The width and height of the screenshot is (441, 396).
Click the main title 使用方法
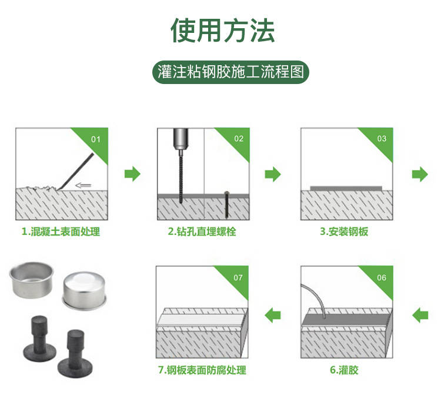click(x=222, y=30)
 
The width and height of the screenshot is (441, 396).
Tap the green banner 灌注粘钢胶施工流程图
click(x=230, y=72)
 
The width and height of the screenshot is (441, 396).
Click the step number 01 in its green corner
click(x=96, y=139)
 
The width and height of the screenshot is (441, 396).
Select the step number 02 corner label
click(x=239, y=139)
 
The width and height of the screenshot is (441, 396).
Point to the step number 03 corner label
click(x=382, y=139)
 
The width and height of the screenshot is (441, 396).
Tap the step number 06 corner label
click(x=382, y=278)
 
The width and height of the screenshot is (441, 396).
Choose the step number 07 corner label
click(x=238, y=278)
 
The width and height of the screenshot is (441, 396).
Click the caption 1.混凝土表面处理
click(x=61, y=231)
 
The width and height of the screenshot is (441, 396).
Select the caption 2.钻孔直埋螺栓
click(x=202, y=231)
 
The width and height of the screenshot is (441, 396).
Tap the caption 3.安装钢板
click(x=344, y=231)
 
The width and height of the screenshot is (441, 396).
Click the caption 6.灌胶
click(x=344, y=370)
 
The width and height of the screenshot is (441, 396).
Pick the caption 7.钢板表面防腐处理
click(x=202, y=370)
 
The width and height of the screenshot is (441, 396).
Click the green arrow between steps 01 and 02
click(x=132, y=174)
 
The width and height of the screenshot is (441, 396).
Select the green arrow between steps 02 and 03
click(x=272, y=174)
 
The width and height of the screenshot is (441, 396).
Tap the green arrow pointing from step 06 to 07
click(x=272, y=315)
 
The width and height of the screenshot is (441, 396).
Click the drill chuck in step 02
click(x=180, y=139)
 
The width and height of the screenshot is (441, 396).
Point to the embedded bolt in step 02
click(x=226, y=204)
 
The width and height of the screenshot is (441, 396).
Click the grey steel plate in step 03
click(x=346, y=188)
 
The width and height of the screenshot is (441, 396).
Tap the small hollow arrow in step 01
click(x=83, y=185)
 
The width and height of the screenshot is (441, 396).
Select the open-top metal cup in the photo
click(x=31, y=279)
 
